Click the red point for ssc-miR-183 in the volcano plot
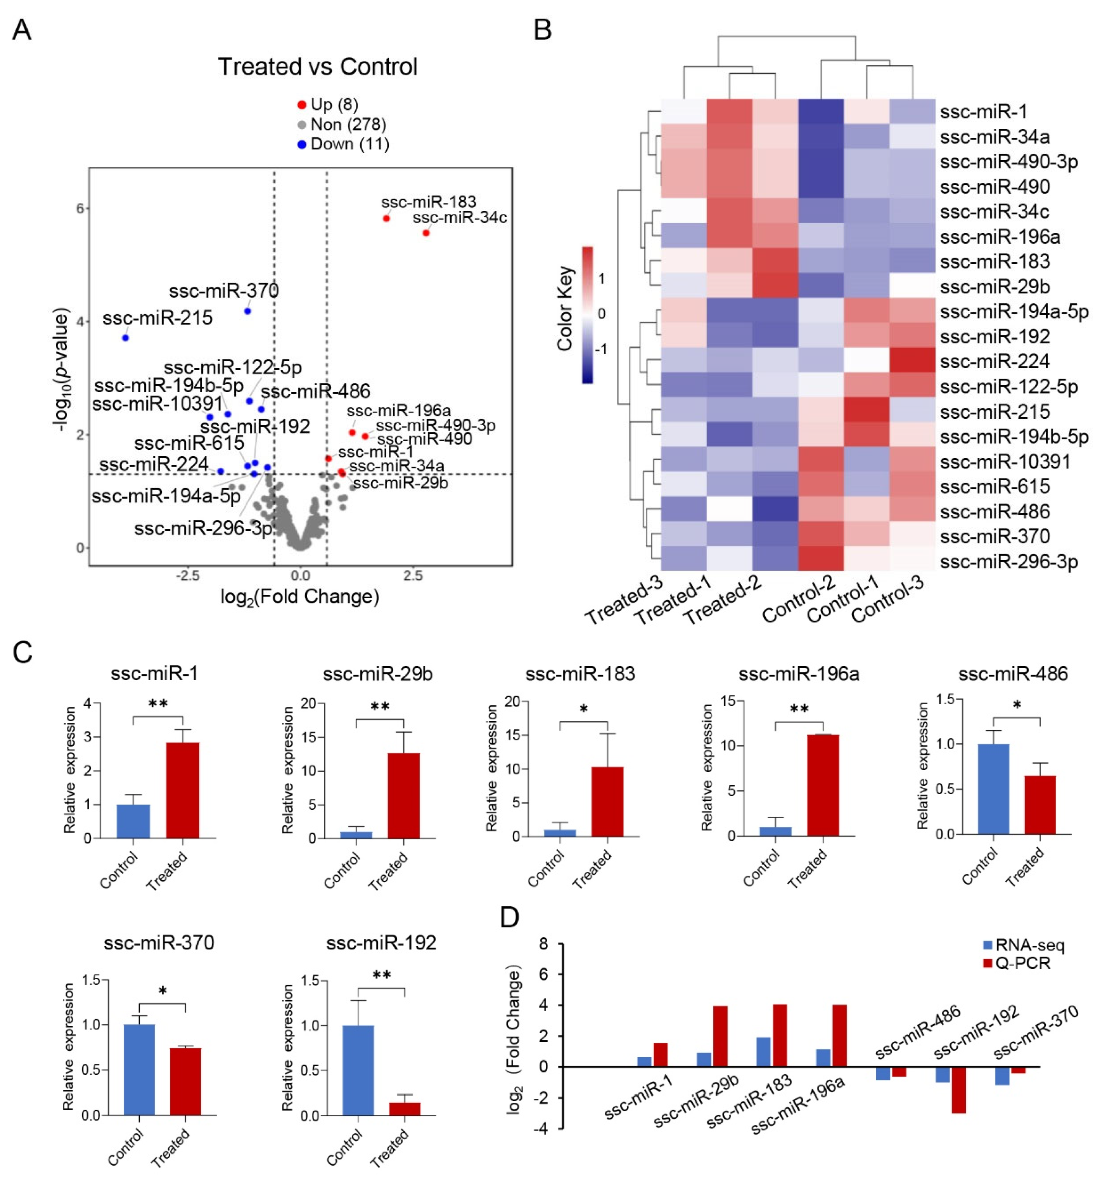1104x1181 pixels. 386,219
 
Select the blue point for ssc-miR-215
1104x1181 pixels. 125,337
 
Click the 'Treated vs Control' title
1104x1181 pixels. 317,66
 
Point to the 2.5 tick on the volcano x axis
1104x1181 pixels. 413,575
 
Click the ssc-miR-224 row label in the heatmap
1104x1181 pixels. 995,361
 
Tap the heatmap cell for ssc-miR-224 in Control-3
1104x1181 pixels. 912,361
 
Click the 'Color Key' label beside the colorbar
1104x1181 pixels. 565,308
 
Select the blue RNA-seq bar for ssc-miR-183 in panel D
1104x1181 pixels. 763,1052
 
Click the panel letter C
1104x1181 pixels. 22,652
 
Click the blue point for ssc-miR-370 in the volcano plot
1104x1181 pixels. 247,311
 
